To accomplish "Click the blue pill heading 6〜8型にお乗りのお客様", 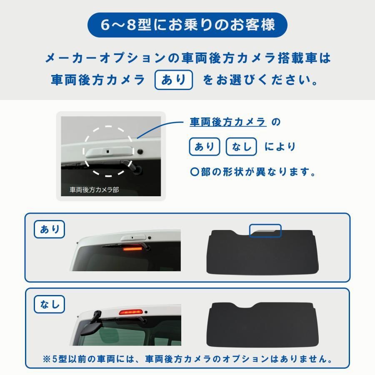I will coord(187,25).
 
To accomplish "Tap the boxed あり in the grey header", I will coord(174,80).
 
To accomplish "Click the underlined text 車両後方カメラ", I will coord(228,122).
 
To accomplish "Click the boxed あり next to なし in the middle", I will coord(205,147).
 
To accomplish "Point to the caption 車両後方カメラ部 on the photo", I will coord(94,190).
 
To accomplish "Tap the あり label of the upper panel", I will coord(50,229).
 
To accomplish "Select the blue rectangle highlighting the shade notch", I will coord(265,230).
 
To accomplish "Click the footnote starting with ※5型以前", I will coord(187,359).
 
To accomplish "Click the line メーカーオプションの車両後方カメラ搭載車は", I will coord(187,58).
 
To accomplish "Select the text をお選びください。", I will coord(260,80).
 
